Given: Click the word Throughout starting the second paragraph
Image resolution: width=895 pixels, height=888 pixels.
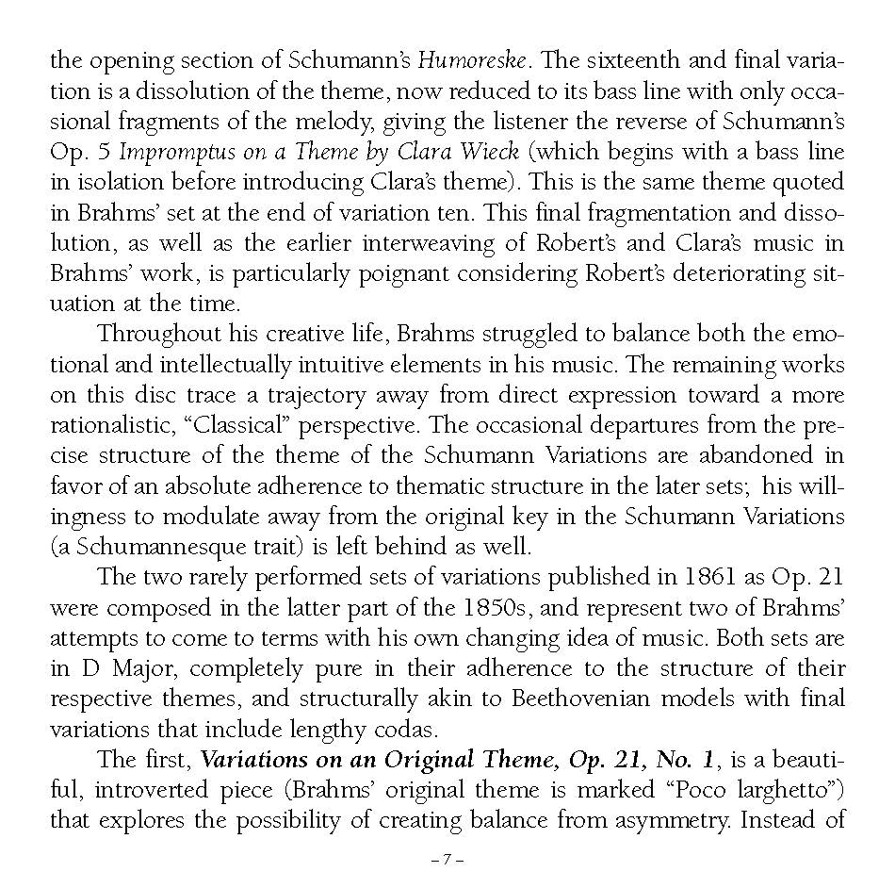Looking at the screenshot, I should tap(156, 334).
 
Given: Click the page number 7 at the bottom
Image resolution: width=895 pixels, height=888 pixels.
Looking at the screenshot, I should tap(447, 860).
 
